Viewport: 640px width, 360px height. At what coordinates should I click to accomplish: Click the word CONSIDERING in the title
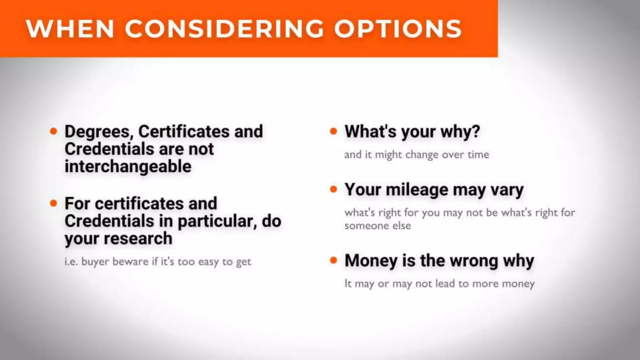pos(224,29)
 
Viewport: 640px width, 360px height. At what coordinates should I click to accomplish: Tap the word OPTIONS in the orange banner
pos(398,29)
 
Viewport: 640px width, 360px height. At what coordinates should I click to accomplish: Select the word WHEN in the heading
pos(70,29)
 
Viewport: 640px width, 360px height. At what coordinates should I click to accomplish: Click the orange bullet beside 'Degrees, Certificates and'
pos(54,131)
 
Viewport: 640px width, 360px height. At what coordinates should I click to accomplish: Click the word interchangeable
pos(128,166)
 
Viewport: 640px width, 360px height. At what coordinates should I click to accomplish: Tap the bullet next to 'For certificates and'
pos(54,203)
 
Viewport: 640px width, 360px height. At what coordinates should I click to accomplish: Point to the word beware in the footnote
pos(130,262)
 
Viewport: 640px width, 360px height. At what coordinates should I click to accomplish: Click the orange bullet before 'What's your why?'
pos(334,131)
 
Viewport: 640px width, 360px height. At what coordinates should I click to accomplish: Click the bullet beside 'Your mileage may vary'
pos(334,189)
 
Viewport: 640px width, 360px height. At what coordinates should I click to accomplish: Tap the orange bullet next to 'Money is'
pos(334,260)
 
